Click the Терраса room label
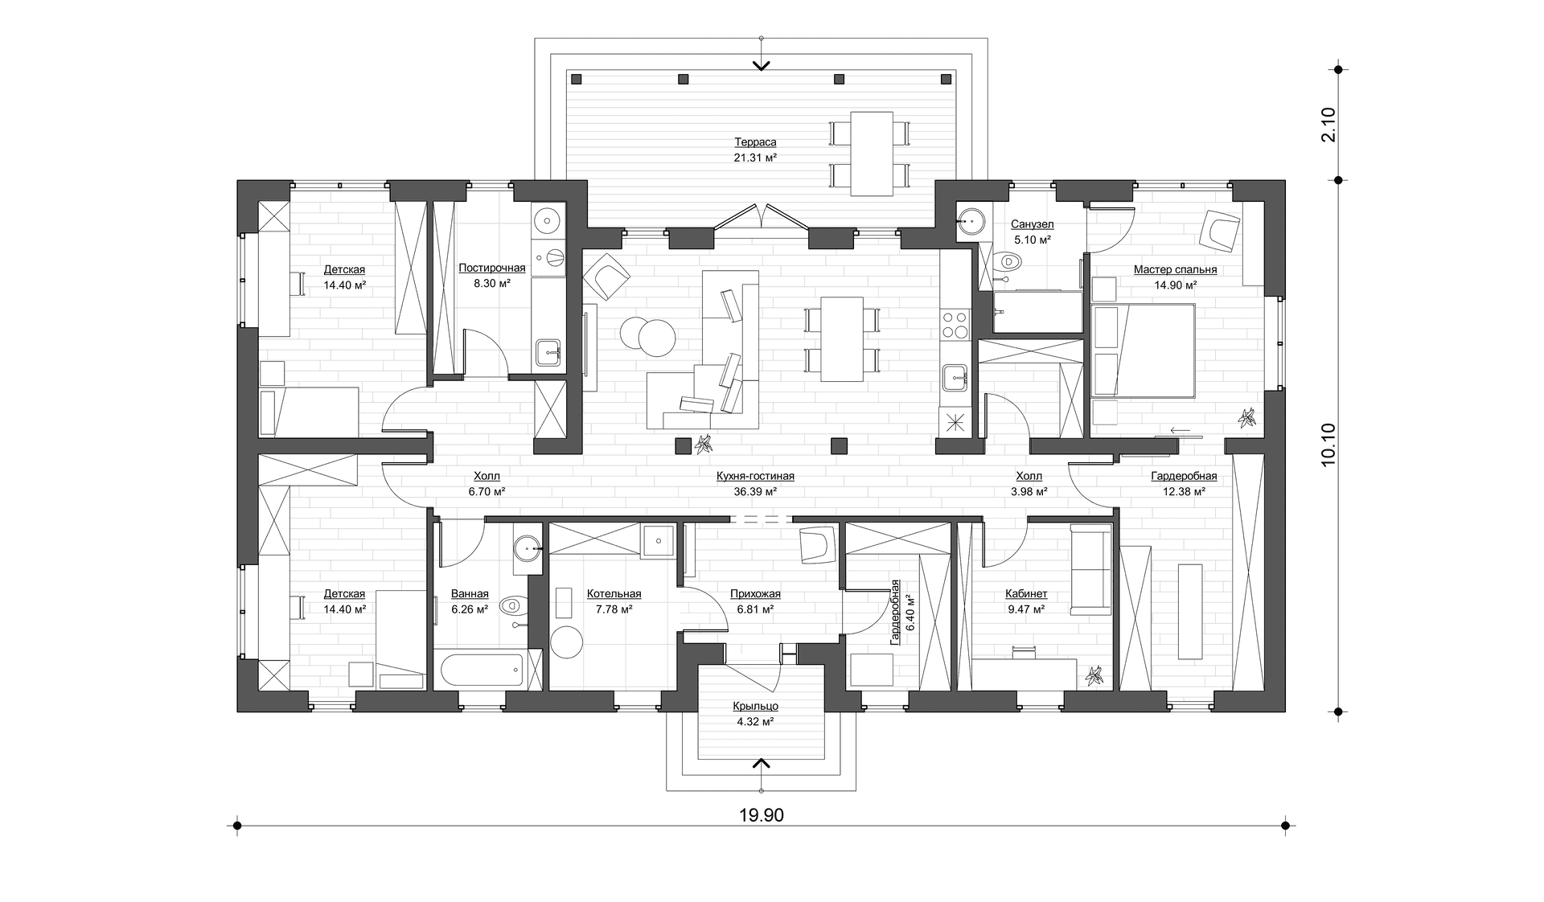click(x=755, y=142)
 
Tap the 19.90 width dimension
click(x=762, y=815)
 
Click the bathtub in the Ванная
click(x=478, y=670)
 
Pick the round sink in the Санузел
click(x=972, y=219)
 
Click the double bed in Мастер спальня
click(x=1142, y=351)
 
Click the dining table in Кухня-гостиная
click(x=843, y=338)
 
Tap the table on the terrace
click(x=871, y=154)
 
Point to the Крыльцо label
click(x=755, y=706)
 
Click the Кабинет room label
click(x=1026, y=594)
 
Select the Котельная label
click(x=614, y=594)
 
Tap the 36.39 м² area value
click(x=755, y=491)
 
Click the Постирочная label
click(x=492, y=268)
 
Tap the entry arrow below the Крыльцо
click(x=762, y=762)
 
